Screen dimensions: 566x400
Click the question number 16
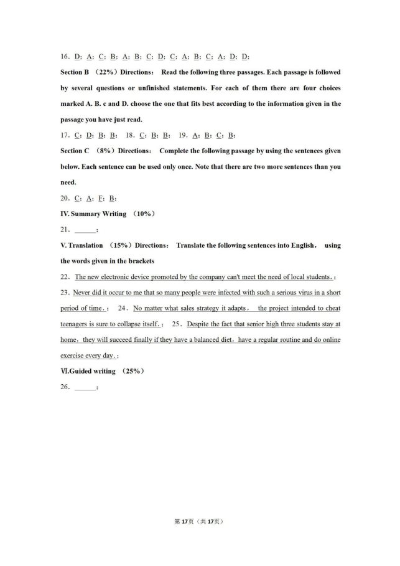pyautogui.click(x=65, y=56)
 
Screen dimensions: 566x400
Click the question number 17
pyautogui.click(x=65, y=135)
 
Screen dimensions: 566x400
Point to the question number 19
pyautogui.click(x=183, y=135)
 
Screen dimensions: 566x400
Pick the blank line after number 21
pyautogui.click(x=85, y=230)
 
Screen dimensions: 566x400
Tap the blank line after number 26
pyautogui.click(x=85, y=387)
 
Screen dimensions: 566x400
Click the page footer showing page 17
pyautogui.click(x=200, y=521)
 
